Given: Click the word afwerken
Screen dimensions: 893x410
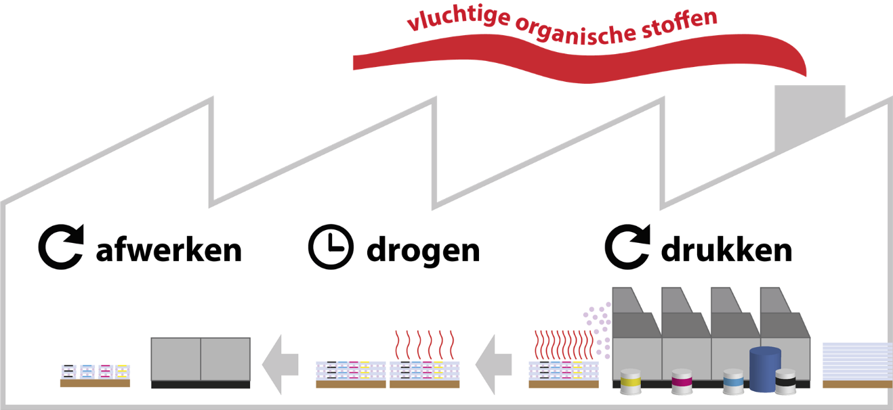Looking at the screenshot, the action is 169,250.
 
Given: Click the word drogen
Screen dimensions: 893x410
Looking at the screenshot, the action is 423,252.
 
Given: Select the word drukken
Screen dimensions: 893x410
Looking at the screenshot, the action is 726,249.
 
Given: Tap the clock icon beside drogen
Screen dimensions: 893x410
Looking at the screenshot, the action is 331,247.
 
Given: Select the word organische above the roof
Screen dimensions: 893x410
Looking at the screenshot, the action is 576,32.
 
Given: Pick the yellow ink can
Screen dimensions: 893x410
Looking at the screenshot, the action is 631,382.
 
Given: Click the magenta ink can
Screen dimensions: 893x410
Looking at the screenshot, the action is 682,382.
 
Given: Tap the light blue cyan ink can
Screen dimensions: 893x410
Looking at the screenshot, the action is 734,382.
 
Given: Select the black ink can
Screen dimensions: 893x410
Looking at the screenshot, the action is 785,382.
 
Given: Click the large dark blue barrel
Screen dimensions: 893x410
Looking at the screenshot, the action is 765,369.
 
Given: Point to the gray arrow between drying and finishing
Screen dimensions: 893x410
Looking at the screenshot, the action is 280,365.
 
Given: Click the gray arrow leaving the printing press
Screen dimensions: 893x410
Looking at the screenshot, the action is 493,365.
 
